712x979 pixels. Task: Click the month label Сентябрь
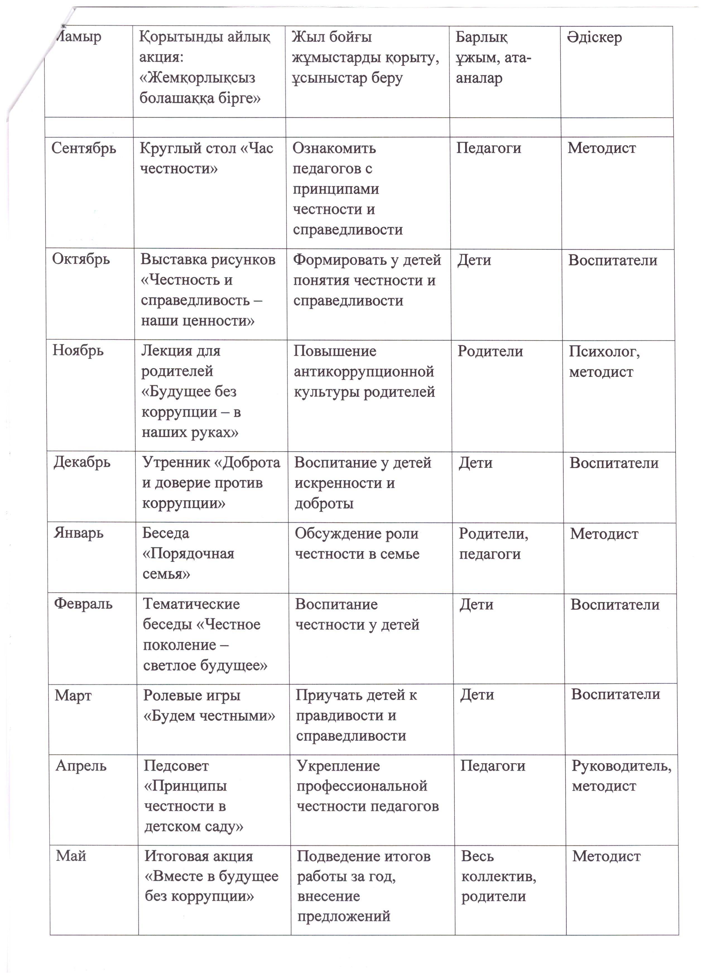[x=84, y=148]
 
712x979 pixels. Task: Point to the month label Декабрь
[x=82, y=462]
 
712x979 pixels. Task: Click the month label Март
[x=73, y=695]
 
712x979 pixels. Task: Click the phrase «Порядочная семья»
[x=188, y=564]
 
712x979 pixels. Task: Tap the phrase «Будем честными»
[x=209, y=716]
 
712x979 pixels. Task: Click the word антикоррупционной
[x=364, y=372]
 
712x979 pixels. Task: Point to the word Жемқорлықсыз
[x=197, y=78]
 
